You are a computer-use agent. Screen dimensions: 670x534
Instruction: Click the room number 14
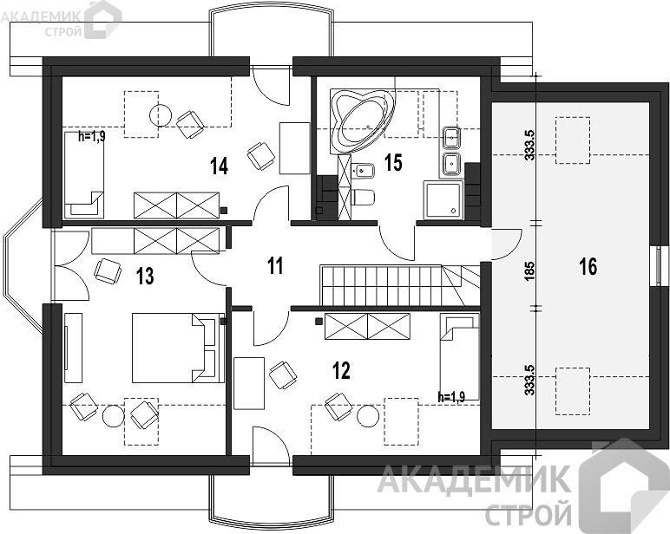pos(219,166)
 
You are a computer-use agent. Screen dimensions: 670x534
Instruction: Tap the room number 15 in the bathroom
pos(393,162)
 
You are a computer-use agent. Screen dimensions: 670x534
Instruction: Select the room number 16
pos(588,267)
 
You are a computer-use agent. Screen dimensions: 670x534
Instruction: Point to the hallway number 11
pos(276,266)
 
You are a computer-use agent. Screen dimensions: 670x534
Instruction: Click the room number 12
pos(341,370)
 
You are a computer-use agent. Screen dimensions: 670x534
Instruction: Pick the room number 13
pos(145,277)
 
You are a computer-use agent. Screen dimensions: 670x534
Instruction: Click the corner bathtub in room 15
pos(363,120)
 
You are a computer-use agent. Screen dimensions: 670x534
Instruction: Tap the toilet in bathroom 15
pos(363,197)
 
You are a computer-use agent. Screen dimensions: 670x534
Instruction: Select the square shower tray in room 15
pos(443,199)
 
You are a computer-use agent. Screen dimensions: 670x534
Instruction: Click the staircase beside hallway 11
pos(401,285)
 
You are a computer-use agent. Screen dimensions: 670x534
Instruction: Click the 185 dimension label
pos(529,270)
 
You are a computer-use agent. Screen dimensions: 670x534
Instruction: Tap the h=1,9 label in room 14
pos(91,137)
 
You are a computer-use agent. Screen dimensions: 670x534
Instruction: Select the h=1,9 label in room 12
pos(451,397)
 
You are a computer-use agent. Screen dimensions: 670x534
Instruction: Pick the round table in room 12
pos(368,416)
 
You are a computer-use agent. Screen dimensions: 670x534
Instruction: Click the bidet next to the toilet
pos(363,171)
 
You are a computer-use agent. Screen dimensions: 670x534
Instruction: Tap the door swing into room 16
pos(507,244)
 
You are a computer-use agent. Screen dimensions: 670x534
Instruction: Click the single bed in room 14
pos(84,174)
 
